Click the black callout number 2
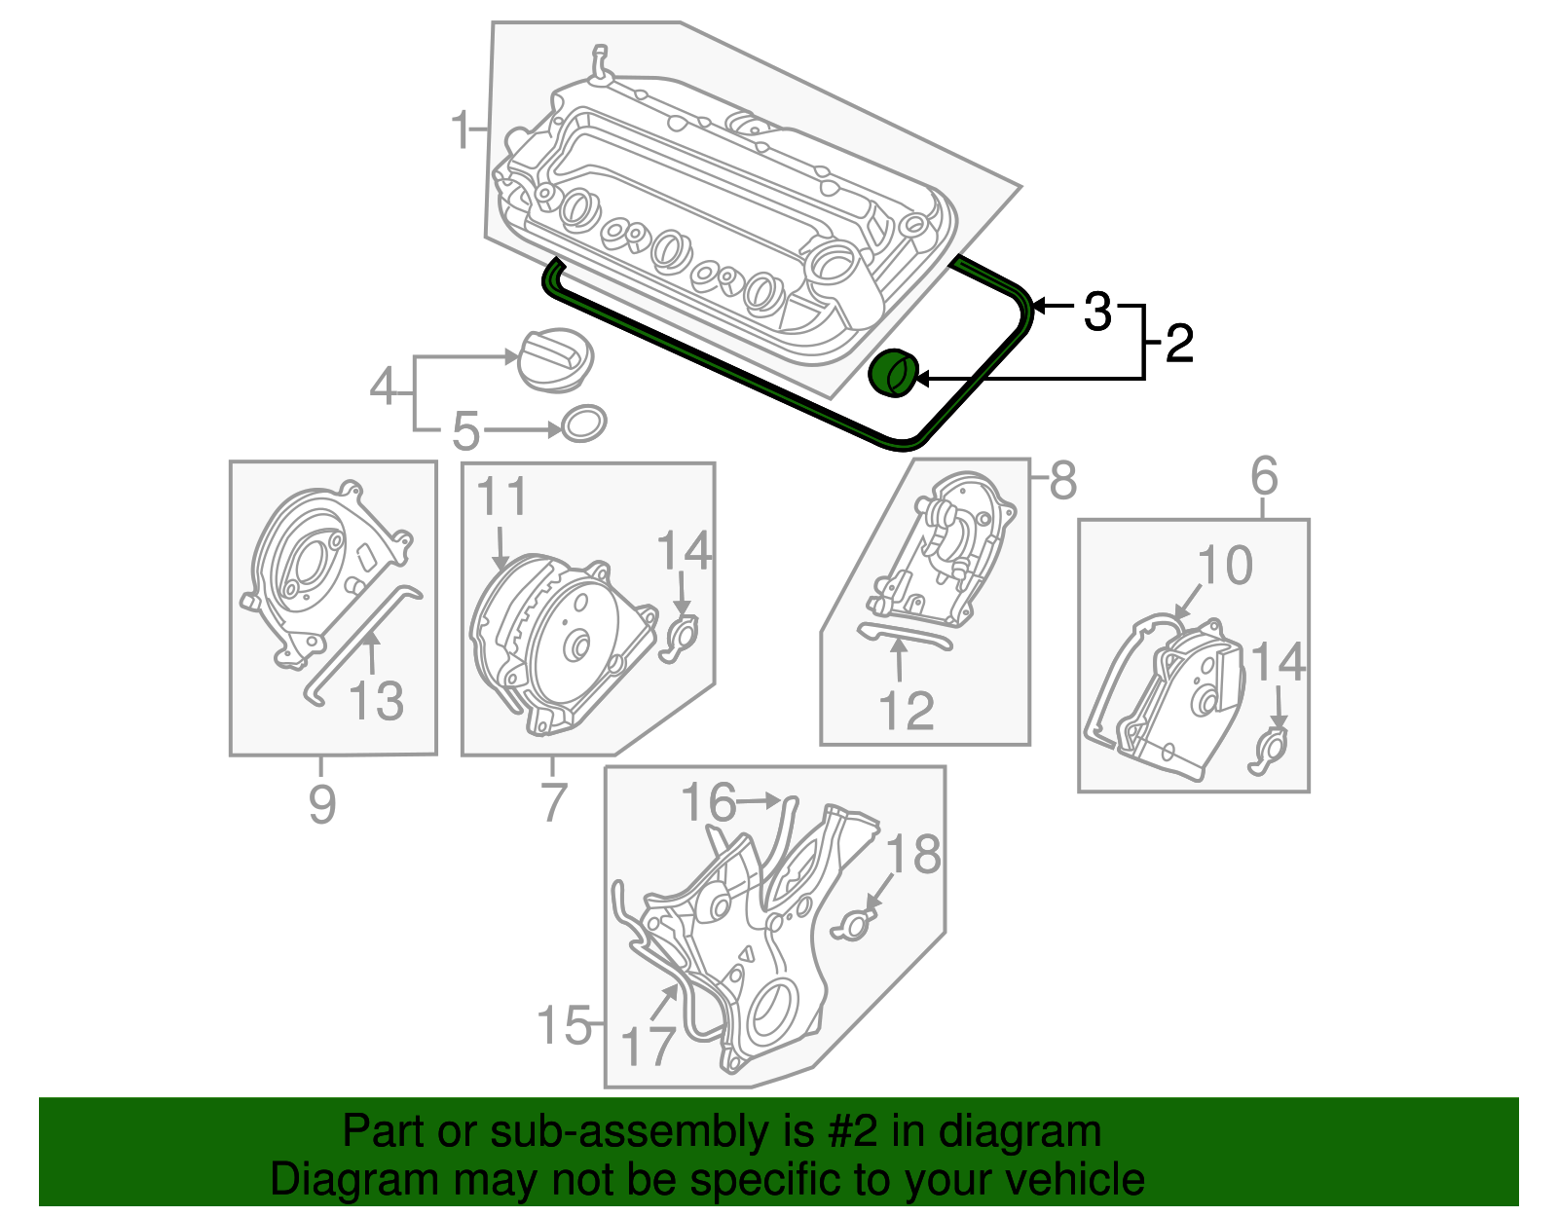click(x=1179, y=344)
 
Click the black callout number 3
click(x=1097, y=312)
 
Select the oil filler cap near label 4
click(x=553, y=359)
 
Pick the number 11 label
click(x=502, y=497)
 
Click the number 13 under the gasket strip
click(x=377, y=700)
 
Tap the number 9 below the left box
click(x=322, y=804)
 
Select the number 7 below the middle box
click(x=553, y=802)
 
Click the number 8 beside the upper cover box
click(x=1062, y=479)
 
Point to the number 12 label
click(x=907, y=711)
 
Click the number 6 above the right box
click(x=1263, y=476)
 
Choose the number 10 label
click(x=1225, y=566)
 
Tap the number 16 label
click(x=709, y=802)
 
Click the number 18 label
click(x=913, y=855)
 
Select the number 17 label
click(x=648, y=1048)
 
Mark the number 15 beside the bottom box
click(x=565, y=1025)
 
